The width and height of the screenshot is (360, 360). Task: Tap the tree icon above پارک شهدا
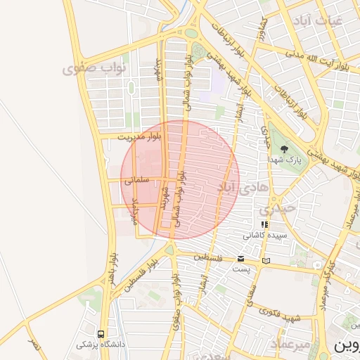(284, 149)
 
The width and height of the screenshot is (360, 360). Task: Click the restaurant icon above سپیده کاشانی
(264, 224)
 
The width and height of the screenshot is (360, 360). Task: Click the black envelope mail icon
(241, 259)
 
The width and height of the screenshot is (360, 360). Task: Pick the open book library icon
(265, 261)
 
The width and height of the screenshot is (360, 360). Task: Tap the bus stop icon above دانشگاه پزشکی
(102, 334)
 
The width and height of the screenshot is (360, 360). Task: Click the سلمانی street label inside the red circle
(138, 180)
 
